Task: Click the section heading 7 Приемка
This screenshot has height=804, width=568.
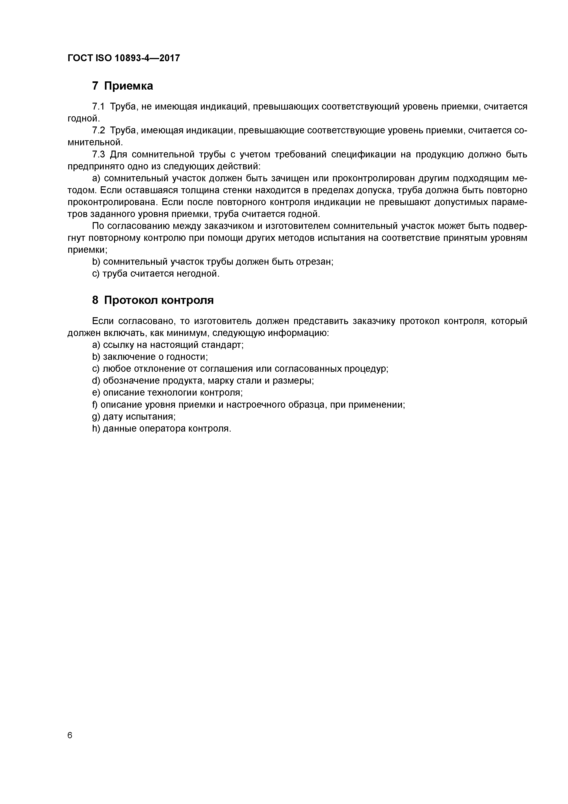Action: [123, 86]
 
